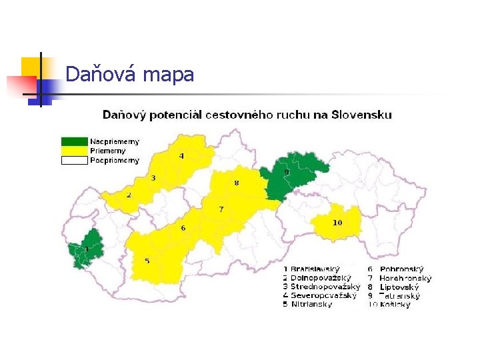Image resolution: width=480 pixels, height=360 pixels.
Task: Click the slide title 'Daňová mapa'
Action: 130,74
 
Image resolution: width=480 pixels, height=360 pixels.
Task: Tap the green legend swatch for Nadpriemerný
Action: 75,141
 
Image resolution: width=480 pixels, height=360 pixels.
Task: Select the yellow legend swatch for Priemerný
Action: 75,151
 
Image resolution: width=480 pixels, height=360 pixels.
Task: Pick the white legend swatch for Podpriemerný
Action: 75,160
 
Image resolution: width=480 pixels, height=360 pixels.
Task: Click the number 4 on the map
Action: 181,156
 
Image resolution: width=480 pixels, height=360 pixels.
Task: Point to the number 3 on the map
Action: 153,178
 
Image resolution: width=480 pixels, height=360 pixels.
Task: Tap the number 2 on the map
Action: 129,195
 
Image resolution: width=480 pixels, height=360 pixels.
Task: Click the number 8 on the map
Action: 236,183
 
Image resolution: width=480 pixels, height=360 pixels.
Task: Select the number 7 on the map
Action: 221,209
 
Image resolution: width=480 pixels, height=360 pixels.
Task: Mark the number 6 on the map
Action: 183,229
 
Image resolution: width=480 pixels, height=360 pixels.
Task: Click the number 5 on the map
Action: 147,261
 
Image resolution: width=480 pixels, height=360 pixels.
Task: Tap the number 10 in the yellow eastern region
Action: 337,222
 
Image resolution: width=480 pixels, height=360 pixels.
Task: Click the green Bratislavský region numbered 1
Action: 86,250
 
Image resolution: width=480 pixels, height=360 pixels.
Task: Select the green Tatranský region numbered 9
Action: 288,176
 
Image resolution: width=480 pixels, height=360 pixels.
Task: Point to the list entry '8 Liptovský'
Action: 398,287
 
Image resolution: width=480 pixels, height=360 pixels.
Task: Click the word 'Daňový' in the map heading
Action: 125,115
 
